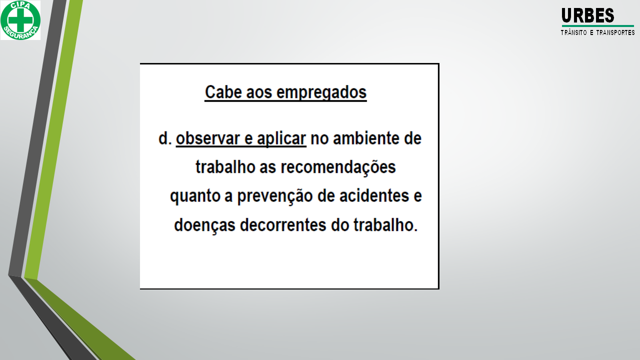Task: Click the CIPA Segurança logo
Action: click(x=20, y=20)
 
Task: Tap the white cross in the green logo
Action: click(x=20, y=19)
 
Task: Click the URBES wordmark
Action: click(x=587, y=15)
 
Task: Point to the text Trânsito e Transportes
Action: click(x=597, y=32)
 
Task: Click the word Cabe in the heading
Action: click(x=223, y=92)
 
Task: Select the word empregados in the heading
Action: click(x=321, y=93)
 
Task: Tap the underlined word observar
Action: click(x=207, y=138)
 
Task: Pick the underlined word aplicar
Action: click(x=281, y=139)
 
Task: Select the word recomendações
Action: click(x=338, y=167)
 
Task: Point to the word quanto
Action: click(x=195, y=196)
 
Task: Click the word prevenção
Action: click(x=275, y=196)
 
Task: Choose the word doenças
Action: click(x=204, y=225)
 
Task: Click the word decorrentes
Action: click(x=283, y=225)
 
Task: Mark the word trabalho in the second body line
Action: click(x=225, y=167)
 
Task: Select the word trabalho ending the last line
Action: click(x=383, y=225)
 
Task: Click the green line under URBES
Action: click(x=597, y=26)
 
